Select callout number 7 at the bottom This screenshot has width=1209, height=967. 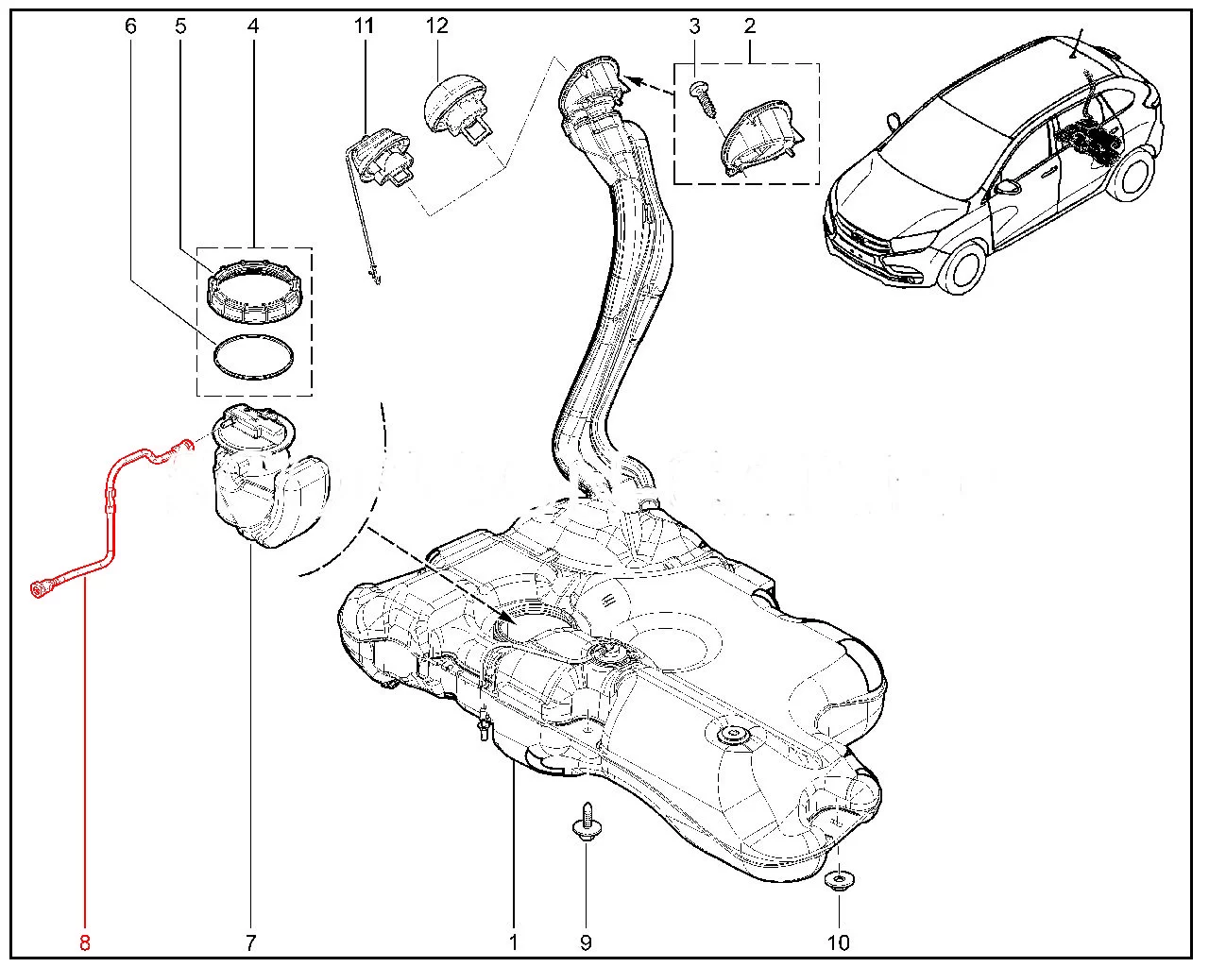[x=250, y=942]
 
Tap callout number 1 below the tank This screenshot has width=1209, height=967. [x=513, y=942]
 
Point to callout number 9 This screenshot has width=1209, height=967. [x=585, y=942]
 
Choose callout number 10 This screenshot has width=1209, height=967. [x=838, y=942]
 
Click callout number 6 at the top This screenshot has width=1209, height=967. [x=130, y=25]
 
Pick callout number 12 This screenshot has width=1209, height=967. [x=436, y=25]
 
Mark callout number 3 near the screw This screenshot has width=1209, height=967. [x=695, y=25]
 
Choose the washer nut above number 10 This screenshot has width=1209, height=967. [x=838, y=884]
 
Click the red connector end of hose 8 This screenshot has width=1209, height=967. [x=42, y=589]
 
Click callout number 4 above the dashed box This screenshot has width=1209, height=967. [x=252, y=25]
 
